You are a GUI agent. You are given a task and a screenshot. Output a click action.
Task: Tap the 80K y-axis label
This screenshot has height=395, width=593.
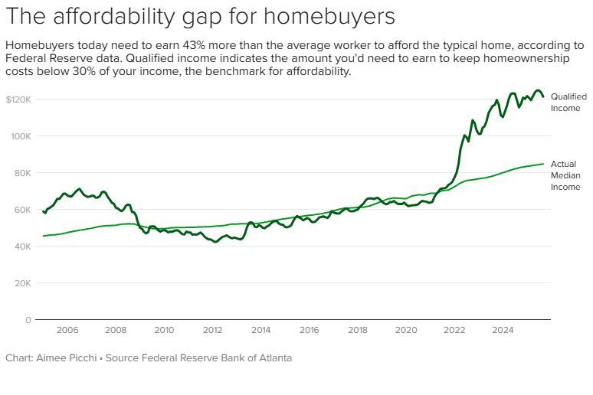coord(21,173)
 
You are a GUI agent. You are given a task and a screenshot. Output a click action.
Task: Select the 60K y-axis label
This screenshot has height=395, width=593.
coord(21,210)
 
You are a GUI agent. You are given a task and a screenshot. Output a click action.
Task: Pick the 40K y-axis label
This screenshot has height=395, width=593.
coord(21,246)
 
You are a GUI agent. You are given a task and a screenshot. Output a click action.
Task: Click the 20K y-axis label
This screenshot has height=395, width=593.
coord(21,283)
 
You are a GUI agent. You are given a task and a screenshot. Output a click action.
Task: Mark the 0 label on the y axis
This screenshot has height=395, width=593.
coord(27,320)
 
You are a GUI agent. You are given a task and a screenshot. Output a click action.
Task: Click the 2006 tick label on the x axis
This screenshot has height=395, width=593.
coord(67,330)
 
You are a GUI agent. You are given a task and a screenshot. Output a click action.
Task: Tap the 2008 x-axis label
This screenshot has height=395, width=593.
coord(116,330)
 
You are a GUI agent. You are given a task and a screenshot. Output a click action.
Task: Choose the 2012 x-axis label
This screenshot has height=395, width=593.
coord(212,330)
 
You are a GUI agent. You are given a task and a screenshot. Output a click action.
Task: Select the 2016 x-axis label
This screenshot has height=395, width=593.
coord(309,330)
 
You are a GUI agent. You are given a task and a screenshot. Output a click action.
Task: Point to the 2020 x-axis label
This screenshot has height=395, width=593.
coord(406,330)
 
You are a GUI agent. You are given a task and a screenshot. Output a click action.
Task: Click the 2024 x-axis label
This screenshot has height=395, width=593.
coord(503,330)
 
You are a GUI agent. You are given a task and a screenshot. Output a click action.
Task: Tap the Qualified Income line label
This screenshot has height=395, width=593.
coord(568,103)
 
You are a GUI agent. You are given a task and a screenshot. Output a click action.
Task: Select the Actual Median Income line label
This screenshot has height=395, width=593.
coord(565,175)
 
